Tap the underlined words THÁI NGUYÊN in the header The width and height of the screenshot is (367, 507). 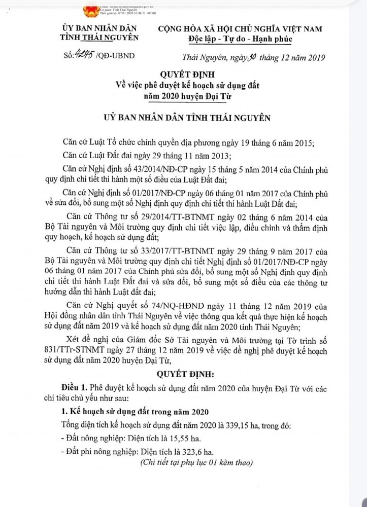[117, 38]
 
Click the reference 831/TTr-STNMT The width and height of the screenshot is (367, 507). [85, 350]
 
